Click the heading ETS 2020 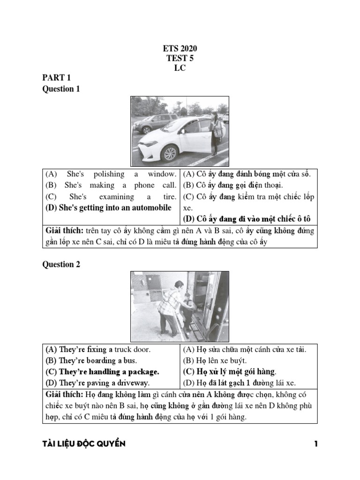[x=180, y=49]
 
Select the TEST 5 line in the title [x=180, y=59]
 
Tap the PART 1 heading [x=56, y=78]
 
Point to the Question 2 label [x=61, y=264]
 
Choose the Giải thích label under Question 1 [x=64, y=231]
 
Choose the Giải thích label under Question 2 [x=64, y=394]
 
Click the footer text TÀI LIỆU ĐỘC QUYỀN [x=84, y=443]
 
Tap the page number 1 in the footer [x=316, y=443]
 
